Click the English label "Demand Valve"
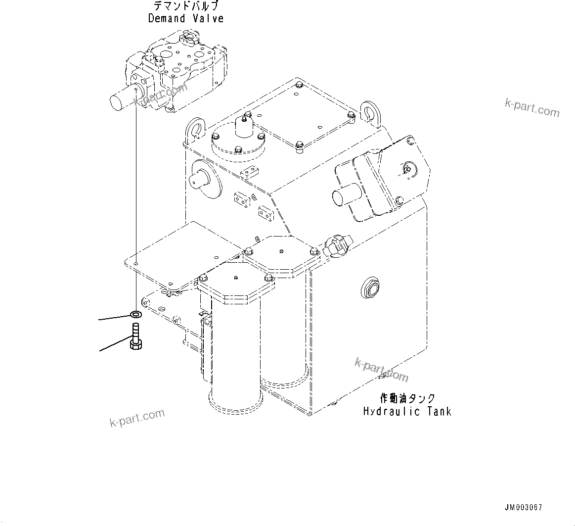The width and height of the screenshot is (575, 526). (x=186, y=19)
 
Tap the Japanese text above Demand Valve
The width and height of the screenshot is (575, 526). (x=186, y=6)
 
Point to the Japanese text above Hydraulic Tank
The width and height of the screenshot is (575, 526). (x=407, y=398)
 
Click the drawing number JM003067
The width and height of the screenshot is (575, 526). (x=523, y=508)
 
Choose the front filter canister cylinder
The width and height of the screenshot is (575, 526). (x=235, y=356)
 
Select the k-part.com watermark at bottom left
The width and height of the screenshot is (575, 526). (x=136, y=419)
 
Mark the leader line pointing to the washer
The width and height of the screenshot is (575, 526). (x=114, y=317)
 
